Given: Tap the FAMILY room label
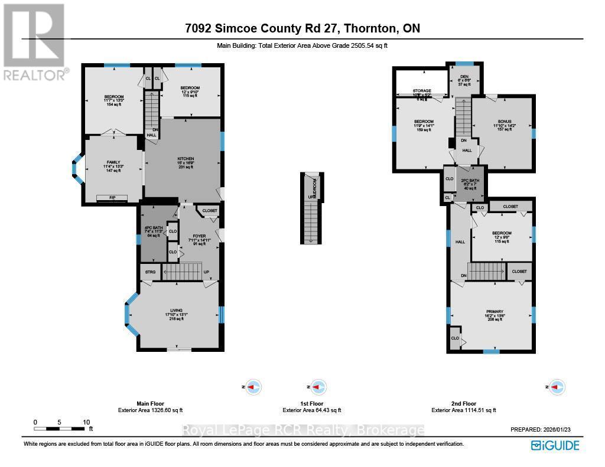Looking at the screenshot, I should (113, 162).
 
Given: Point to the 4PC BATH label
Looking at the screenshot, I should (153, 228).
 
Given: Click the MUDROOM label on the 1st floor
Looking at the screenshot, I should (315, 188).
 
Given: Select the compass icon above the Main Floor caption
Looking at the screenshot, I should (253, 387).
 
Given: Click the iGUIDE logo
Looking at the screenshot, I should (555, 445).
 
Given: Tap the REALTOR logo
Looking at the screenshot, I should (34, 41).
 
